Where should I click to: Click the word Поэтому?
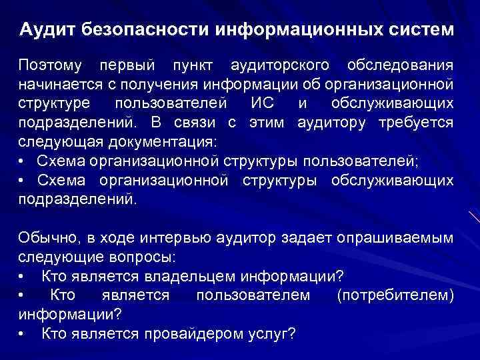[51, 66]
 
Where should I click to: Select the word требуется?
[417, 122]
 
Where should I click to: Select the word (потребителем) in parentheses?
[396, 295]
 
